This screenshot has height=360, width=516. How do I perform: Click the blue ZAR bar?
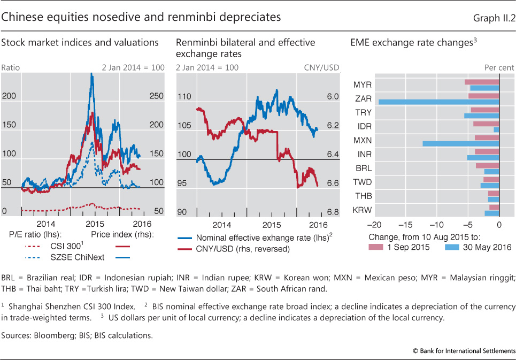pos(438,102)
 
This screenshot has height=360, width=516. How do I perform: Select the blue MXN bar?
pos(460,143)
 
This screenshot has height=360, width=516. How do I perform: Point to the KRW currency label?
pos(363,210)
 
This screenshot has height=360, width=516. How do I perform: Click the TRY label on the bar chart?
pos(363,112)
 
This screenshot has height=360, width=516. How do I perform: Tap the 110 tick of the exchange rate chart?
pos(184,97)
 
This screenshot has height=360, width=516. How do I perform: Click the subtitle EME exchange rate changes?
pos(411,43)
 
